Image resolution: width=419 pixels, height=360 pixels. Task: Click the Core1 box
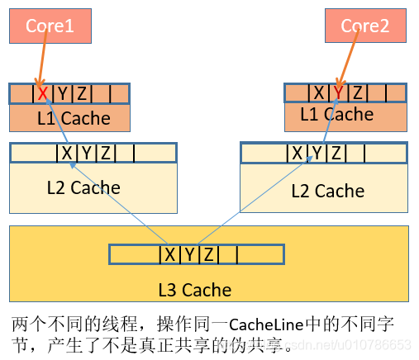click(x=50, y=26)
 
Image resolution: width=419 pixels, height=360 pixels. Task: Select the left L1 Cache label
click(x=74, y=118)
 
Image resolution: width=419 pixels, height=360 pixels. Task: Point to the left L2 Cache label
click(x=83, y=187)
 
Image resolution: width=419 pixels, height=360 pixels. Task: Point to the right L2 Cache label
click(x=328, y=191)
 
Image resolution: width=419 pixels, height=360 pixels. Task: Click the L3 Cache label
click(x=195, y=290)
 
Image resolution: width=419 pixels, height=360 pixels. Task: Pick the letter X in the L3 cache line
click(x=170, y=254)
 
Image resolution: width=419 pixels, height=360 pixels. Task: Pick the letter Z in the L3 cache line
click(x=209, y=254)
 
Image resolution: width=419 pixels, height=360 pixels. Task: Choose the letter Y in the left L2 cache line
click(x=86, y=153)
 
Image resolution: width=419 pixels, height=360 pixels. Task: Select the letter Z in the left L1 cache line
click(x=83, y=94)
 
